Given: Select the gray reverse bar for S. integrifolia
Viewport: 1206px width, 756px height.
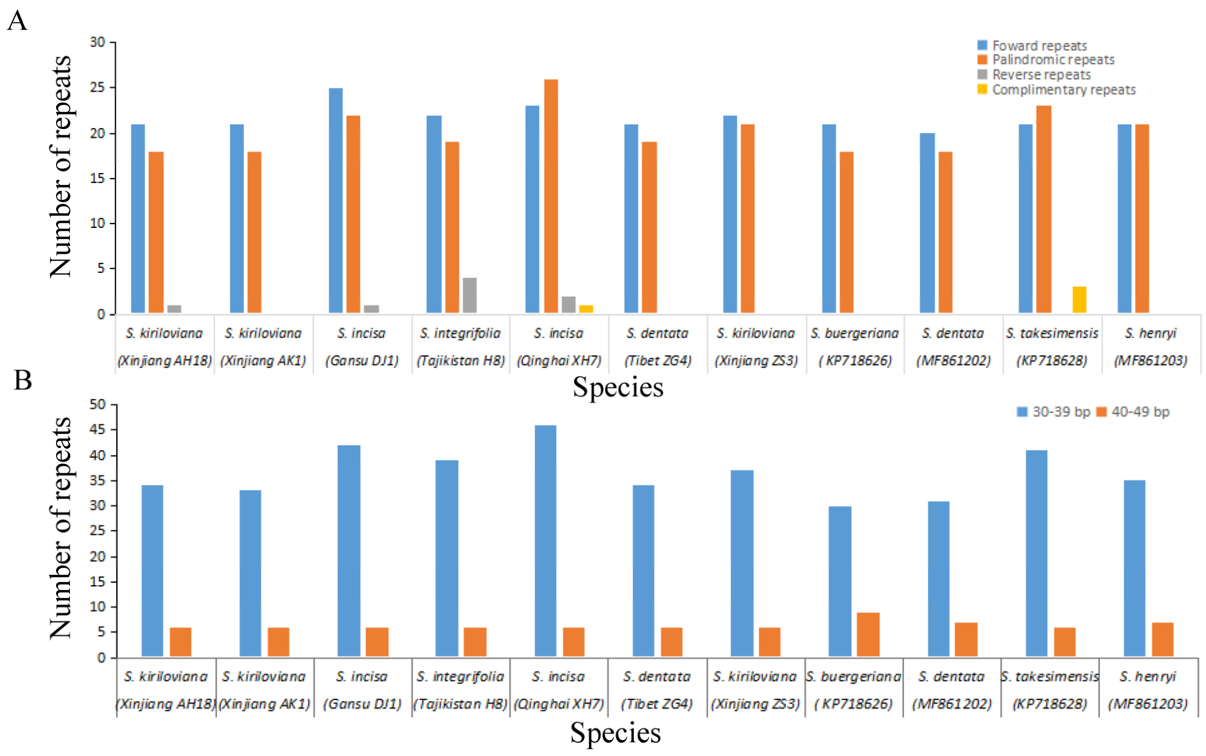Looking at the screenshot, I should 469,295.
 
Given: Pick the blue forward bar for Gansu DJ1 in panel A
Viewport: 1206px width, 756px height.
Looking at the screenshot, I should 336,200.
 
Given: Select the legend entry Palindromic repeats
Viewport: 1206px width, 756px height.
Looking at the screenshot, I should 1053,60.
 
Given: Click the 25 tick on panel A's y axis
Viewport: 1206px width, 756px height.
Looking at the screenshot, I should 98,87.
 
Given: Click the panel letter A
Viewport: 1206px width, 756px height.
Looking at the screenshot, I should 17,21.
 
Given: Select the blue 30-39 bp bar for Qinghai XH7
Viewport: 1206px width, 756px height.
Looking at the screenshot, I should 545,540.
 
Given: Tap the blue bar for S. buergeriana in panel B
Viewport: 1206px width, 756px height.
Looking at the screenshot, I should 840,581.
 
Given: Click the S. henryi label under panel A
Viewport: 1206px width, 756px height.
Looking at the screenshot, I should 1151,333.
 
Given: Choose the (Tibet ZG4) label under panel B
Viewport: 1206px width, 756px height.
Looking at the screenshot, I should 656,704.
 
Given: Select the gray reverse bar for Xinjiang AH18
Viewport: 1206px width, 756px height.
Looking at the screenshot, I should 174,309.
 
